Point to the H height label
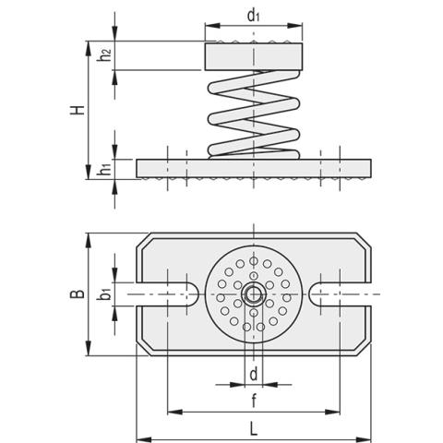pos(80,110)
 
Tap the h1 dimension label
pos(106,169)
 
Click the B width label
pos(80,294)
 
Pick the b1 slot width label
pos(107,294)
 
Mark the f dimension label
pos(253,401)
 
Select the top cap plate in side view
pos(253,56)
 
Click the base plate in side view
pos(253,169)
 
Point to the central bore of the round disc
pos(253,295)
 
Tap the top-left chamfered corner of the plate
pos(144,242)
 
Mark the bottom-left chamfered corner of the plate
pos(144,348)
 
